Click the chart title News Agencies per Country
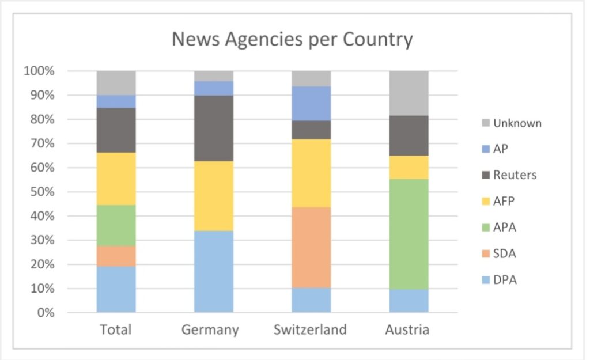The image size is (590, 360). pos(292,40)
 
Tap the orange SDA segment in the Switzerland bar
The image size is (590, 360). pos(311,248)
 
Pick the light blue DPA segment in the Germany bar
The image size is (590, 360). pos(214,271)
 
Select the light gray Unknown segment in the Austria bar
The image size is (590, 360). pos(409,93)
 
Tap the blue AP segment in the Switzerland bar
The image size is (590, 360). pos(311,103)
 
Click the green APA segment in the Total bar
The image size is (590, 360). pos(116,225)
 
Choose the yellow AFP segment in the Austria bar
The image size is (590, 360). pos(409,167)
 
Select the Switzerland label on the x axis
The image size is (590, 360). pos(310,330)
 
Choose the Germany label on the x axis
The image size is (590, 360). pos(210,330)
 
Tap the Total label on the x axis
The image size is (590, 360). pos(115,329)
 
